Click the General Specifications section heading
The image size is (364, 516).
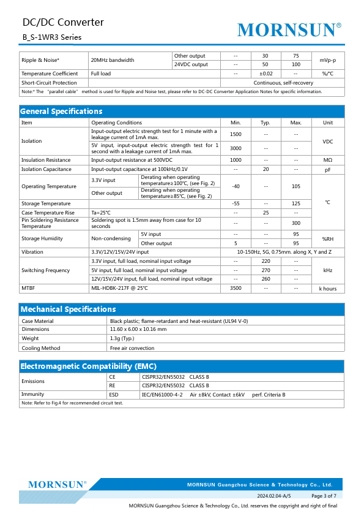61,111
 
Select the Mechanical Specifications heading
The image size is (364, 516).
68,309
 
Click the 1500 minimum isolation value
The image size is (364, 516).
236,134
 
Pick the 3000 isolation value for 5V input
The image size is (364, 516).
236,148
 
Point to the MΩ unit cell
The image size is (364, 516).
328,160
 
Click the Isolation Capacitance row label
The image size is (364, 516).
46,169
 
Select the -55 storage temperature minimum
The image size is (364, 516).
236,203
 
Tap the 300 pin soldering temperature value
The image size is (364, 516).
295,223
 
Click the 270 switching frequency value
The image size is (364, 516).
266,270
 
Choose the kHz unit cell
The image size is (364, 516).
328,270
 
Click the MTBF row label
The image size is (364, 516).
28,288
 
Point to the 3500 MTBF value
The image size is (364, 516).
236,288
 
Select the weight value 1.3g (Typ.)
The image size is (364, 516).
123,338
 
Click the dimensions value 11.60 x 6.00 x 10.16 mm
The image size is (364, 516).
138,330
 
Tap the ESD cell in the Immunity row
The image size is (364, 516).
114,395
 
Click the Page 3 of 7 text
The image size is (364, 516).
324,495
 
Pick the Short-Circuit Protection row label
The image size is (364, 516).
49,83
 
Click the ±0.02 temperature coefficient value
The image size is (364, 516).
266,74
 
